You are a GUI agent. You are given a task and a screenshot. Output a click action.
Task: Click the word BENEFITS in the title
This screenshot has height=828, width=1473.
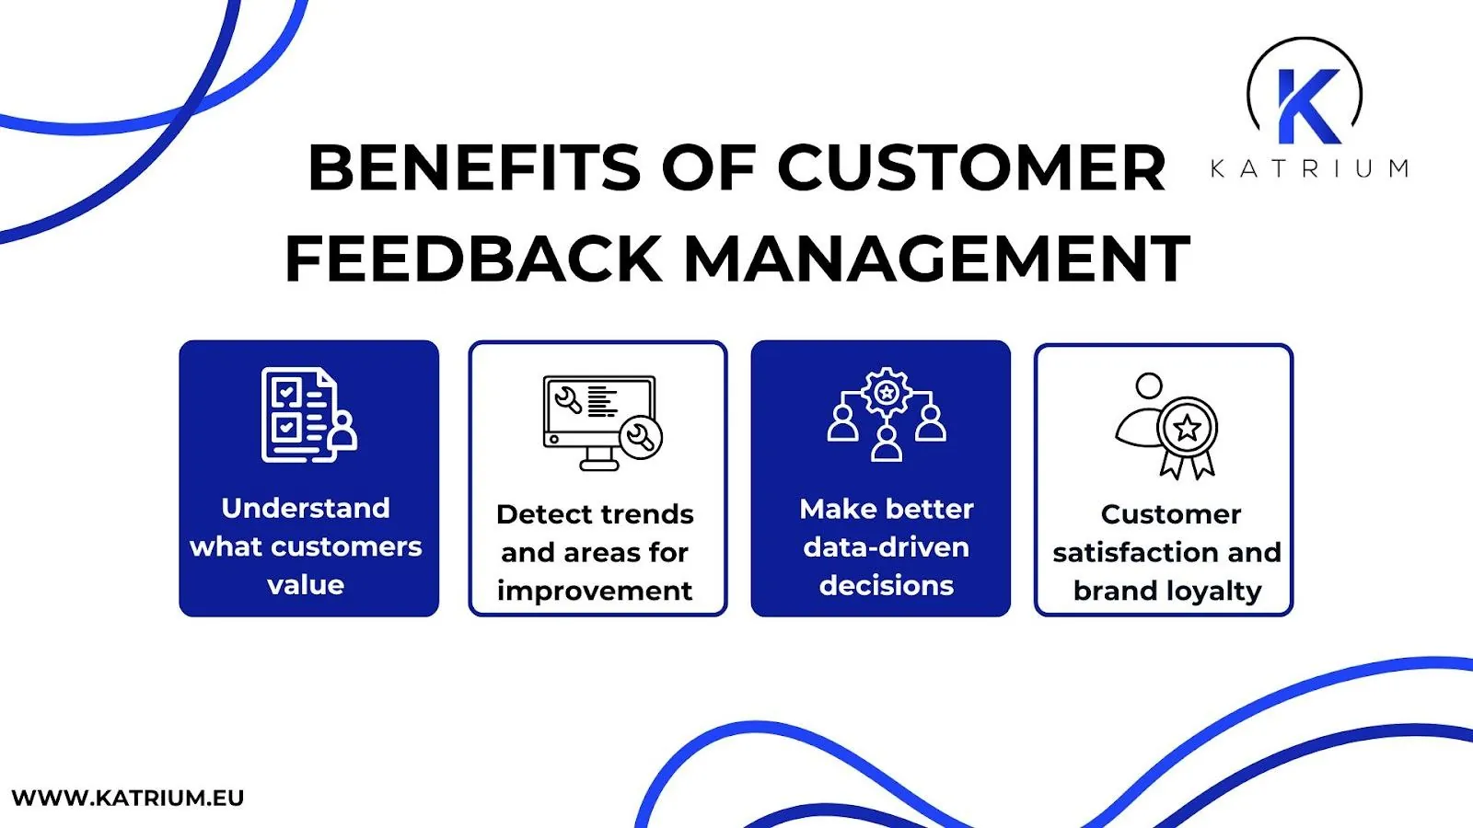point(473,168)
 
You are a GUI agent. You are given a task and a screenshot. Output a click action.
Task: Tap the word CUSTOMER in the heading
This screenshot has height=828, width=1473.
point(971,168)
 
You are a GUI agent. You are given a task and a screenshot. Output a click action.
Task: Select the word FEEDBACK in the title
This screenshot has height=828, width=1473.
point(473,259)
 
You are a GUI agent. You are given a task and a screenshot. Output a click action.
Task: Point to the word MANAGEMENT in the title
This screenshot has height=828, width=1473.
point(936,259)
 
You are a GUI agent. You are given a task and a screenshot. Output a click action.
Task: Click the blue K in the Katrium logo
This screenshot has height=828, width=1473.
point(1307,106)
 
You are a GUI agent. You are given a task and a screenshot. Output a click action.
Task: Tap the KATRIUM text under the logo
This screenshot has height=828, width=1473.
point(1308,169)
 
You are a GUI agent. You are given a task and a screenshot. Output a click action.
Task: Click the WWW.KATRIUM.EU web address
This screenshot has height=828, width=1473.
point(128,798)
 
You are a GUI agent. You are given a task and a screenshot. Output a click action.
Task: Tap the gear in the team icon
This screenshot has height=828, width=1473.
point(886,393)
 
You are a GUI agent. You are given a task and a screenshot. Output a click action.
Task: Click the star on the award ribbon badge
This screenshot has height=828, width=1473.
point(1188,428)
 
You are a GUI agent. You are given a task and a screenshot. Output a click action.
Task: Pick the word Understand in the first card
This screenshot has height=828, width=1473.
point(306,508)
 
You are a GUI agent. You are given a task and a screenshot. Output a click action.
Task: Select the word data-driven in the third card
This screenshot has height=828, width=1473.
point(886,547)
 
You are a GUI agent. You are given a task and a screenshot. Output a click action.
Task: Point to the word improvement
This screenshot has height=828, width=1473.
point(595,591)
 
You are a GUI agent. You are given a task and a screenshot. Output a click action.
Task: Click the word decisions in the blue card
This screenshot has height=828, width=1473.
point(886,585)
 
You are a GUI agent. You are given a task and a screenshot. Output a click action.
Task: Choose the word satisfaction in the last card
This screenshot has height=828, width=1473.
point(1136,552)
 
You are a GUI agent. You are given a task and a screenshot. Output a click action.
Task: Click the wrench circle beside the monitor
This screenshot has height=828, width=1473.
point(641,438)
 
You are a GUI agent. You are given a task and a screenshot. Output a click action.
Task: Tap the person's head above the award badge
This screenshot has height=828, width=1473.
point(1149,385)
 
